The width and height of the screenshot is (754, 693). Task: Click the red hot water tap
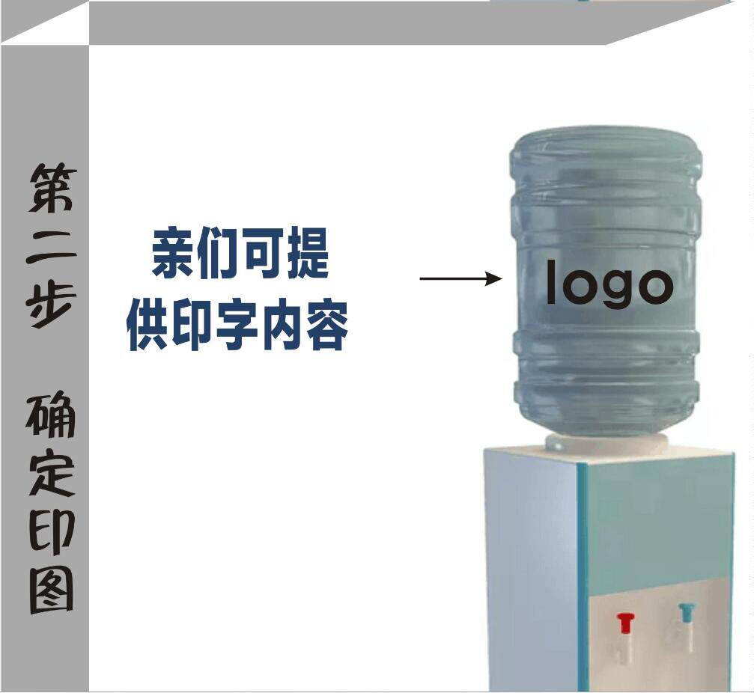click(625, 623)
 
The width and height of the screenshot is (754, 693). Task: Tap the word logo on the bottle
click(609, 283)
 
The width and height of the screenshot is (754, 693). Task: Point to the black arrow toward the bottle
click(460, 279)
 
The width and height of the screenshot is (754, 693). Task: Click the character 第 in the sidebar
click(52, 188)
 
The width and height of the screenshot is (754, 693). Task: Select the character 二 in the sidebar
click(52, 248)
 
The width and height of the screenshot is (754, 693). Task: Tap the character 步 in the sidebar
click(52, 302)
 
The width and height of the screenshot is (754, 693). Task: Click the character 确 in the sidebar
click(52, 415)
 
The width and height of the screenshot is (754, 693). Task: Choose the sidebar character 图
click(52, 588)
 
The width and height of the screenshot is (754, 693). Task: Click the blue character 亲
click(174, 254)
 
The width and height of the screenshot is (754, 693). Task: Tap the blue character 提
click(305, 254)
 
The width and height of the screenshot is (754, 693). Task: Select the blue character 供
click(148, 326)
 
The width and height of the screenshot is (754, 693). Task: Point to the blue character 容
click(327, 326)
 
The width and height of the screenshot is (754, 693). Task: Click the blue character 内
click(282, 326)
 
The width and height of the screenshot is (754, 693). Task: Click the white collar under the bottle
click(606, 443)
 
